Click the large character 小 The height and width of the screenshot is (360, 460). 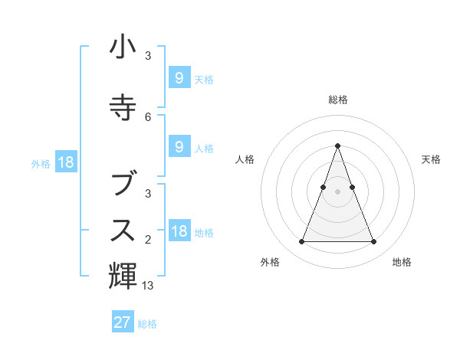click(x=123, y=47)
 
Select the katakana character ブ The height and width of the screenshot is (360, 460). click(x=123, y=183)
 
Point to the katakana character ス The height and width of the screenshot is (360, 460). click(x=123, y=230)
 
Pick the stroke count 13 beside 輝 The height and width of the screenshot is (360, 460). click(x=149, y=286)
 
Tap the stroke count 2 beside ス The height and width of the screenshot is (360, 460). click(x=148, y=240)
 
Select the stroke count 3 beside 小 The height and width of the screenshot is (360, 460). click(x=148, y=56)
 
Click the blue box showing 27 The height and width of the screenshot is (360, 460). click(x=123, y=322)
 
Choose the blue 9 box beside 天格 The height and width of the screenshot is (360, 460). click(x=179, y=77)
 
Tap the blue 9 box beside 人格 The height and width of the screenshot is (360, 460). click(x=179, y=147)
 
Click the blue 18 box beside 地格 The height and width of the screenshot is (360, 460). click(x=179, y=231)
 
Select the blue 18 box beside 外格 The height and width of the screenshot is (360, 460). click(x=65, y=162)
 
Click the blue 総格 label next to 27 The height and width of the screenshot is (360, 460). click(x=147, y=324)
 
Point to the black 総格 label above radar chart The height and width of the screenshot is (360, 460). click(x=337, y=100)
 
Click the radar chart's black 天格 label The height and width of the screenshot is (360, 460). click(x=431, y=159)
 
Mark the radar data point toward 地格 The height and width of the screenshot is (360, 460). click(x=373, y=242)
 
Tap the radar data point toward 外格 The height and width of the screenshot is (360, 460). click(x=301, y=242)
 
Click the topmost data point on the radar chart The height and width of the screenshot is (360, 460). click(x=337, y=146)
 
